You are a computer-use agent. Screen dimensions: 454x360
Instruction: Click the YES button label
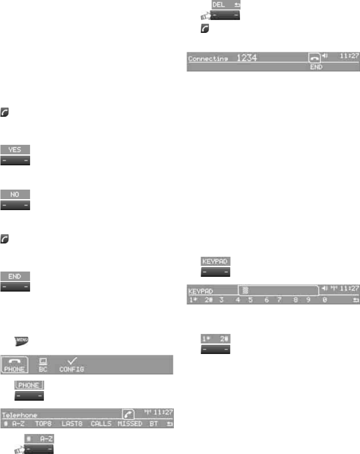pos(15,149)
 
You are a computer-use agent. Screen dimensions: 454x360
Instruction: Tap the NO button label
pos(15,194)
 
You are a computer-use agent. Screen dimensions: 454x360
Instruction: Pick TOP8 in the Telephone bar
pos(43,423)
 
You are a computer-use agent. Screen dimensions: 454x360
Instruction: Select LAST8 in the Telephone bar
pos(72,423)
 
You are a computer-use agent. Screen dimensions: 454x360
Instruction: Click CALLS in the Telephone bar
pos(101,423)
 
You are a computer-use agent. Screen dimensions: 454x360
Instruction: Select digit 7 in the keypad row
pos(280,301)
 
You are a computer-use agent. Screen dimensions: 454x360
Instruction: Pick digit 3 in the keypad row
pos(221,301)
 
